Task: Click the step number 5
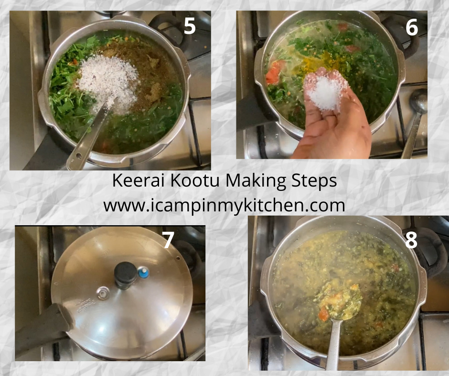click(x=190, y=26)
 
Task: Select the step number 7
click(x=168, y=240)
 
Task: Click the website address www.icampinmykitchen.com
click(x=224, y=206)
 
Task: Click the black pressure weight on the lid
click(x=126, y=274)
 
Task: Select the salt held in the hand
click(x=325, y=92)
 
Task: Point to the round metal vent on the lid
click(x=103, y=293)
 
